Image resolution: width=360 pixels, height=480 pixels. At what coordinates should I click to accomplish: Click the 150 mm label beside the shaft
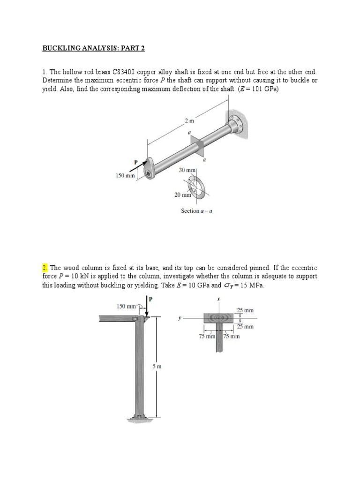pyautogui.click(x=125, y=176)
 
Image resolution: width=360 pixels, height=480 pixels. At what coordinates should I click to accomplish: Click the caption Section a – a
pyautogui.click(x=197, y=210)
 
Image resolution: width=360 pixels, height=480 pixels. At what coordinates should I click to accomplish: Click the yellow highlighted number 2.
pyautogui.click(x=45, y=268)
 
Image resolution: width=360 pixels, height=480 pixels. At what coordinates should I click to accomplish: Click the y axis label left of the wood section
pyautogui.click(x=180, y=317)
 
